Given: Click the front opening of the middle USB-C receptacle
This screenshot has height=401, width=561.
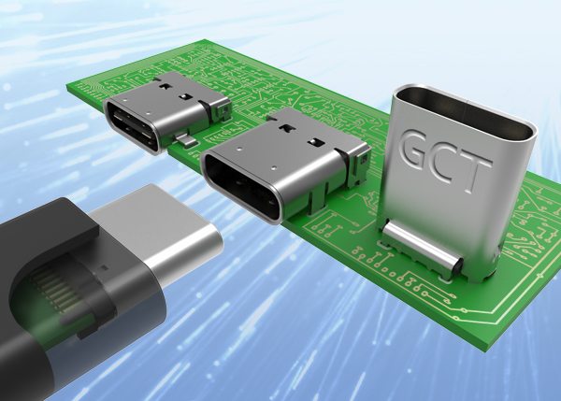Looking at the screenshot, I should point(242,187).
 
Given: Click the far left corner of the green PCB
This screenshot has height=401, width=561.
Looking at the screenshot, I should point(69,86).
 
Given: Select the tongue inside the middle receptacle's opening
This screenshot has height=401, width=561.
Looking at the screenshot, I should point(242,189).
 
